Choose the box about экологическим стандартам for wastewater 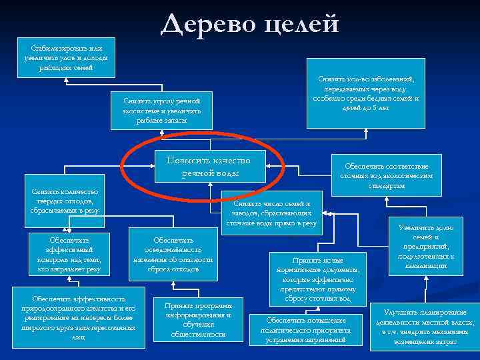(x=387, y=175)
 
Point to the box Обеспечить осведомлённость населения (x=173, y=254)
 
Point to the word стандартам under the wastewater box (x=387, y=185)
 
